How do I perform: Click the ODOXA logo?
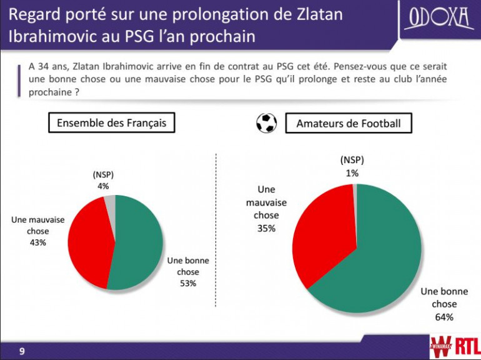point(439,20)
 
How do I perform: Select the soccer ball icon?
point(267,123)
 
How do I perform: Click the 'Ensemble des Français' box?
point(112,123)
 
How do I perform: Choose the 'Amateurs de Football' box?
point(349,124)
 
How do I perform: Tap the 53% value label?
point(188,283)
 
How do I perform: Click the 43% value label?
point(37,242)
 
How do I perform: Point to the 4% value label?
point(103,186)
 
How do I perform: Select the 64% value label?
point(444,317)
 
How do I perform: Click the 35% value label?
point(266,228)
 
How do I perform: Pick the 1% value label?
point(352,173)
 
